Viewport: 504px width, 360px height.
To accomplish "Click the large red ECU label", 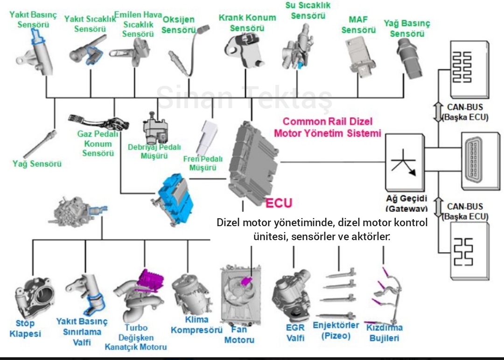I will [x=279, y=203].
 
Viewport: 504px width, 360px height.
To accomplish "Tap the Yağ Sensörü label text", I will [x=37, y=164].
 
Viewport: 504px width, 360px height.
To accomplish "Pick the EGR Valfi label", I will [x=295, y=332].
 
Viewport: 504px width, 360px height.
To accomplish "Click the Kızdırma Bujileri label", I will [x=385, y=333].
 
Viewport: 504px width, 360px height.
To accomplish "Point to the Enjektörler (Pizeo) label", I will [x=336, y=330].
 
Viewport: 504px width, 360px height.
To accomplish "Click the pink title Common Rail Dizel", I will [x=328, y=122].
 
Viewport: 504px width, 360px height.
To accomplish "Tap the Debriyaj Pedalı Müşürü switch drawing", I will [x=154, y=128].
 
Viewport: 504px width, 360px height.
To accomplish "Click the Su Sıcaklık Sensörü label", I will [x=308, y=10].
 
